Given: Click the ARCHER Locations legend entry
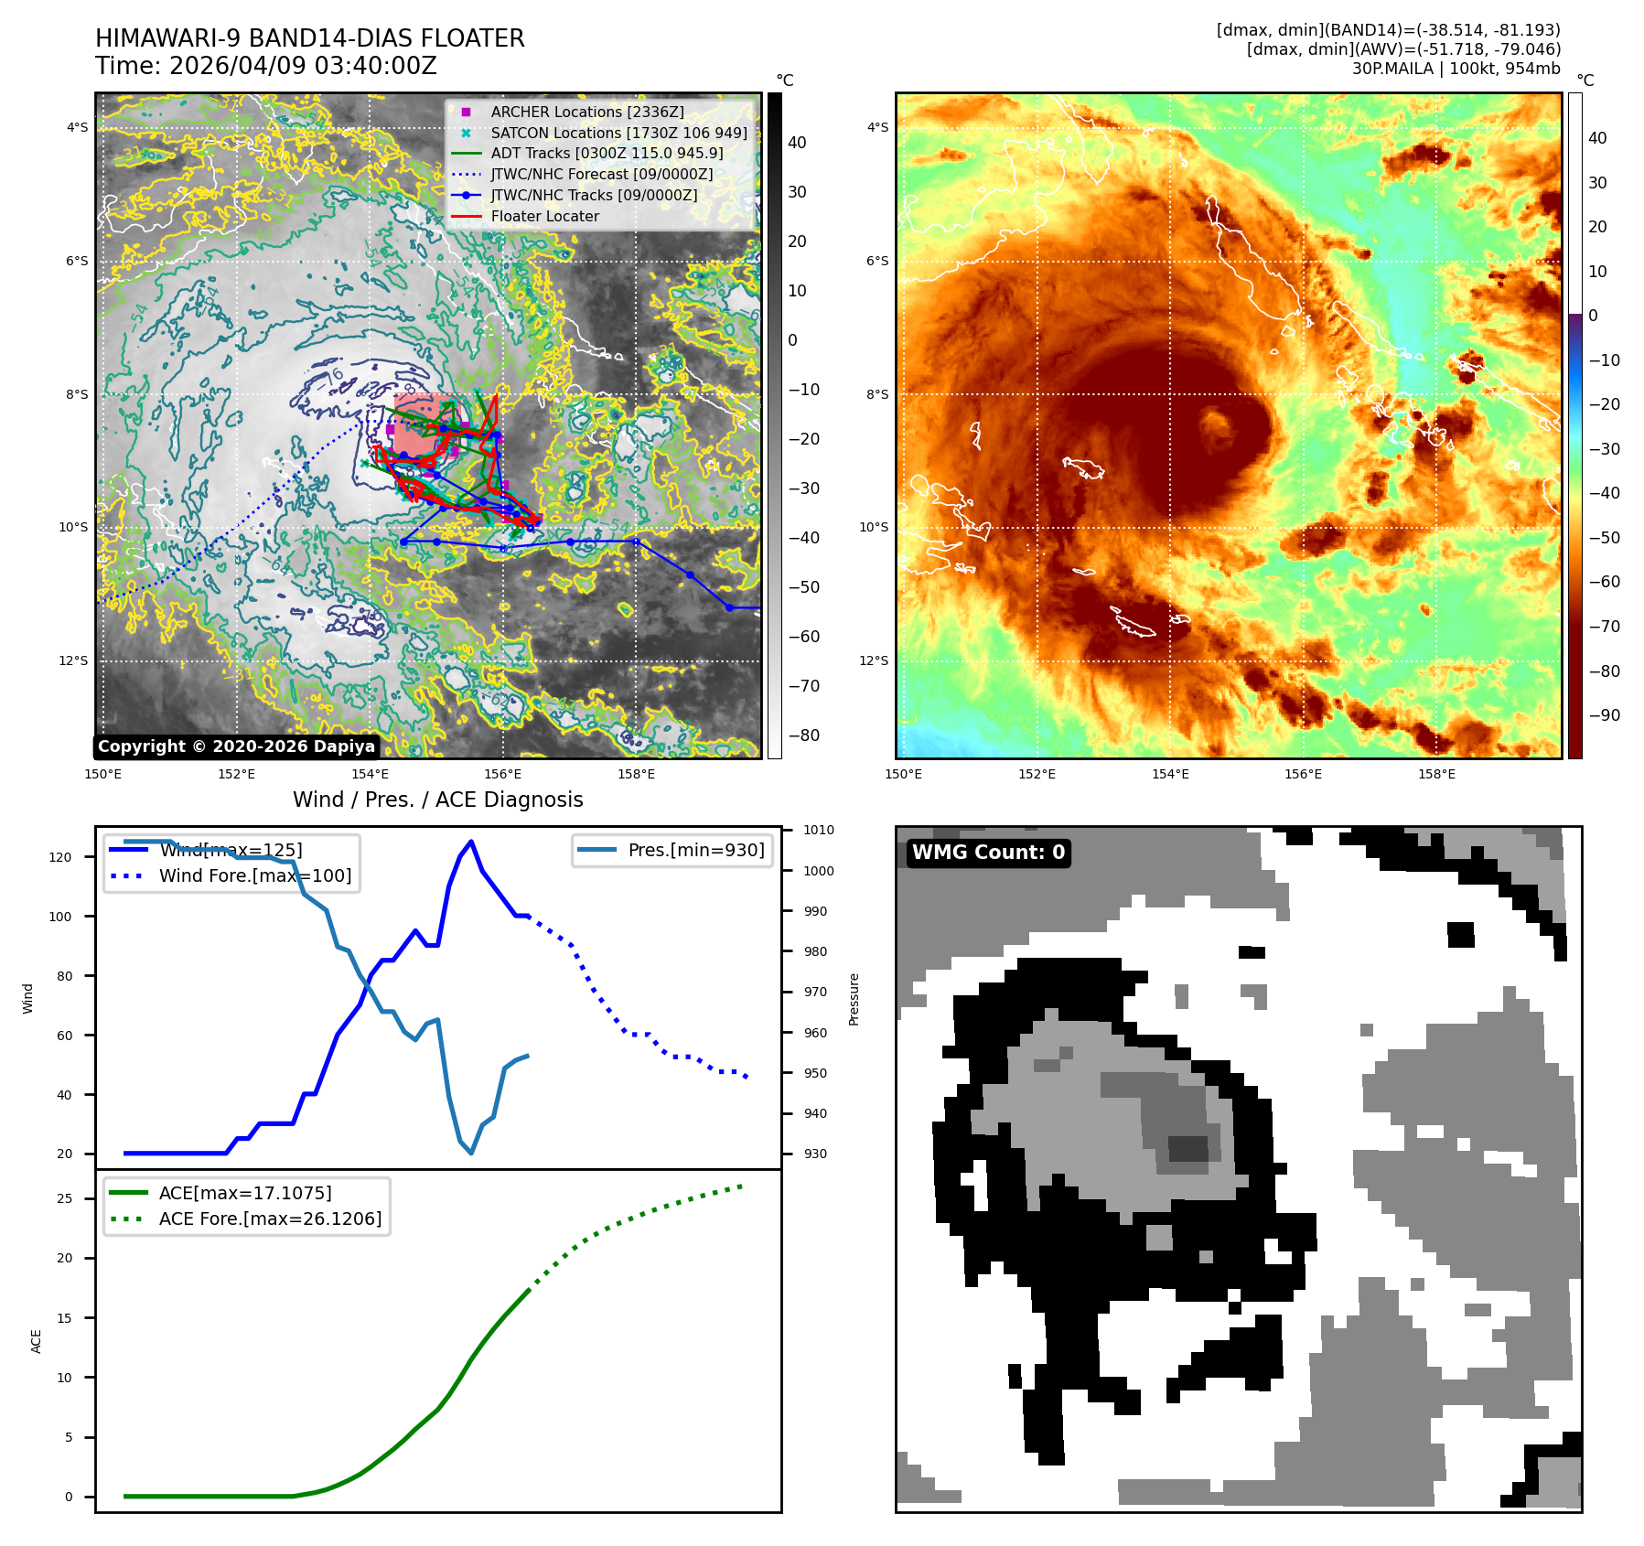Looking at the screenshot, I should [586, 112].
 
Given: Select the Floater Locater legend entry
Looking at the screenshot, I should [544, 216].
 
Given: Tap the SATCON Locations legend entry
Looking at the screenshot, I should [618, 133].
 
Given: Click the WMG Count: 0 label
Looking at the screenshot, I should [988, 853].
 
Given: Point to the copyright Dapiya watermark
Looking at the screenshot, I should [236, 746].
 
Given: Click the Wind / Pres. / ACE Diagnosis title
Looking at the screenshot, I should [437, 800].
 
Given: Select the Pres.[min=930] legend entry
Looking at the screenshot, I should [695, 850].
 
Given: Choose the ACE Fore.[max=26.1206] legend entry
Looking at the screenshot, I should [270, 1219].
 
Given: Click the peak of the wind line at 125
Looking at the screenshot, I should [471, 842].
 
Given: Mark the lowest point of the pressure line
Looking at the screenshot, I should [471, 1153].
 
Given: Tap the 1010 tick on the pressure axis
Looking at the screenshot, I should [818, 831].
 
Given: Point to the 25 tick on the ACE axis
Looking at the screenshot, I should [65, 1198].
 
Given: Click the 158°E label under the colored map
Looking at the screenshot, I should [1436, 774].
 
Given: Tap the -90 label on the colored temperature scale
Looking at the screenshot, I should [1605, 715].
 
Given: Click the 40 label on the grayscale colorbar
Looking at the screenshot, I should [797, 143].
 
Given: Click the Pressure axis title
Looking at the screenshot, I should [854, 999].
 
